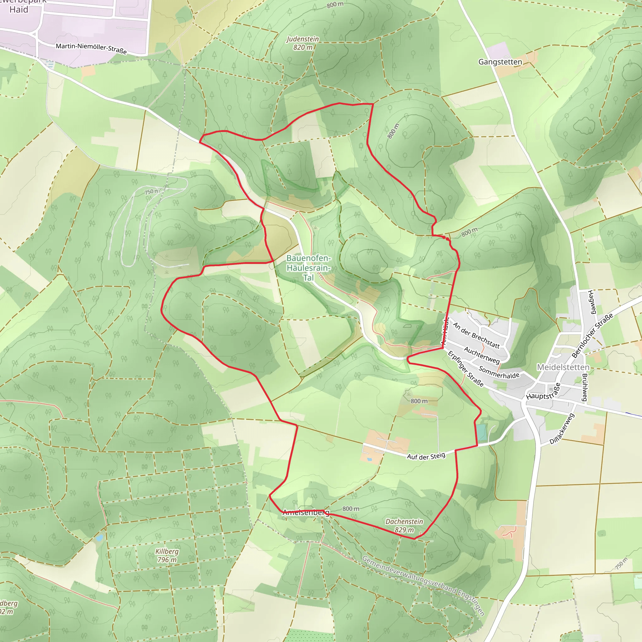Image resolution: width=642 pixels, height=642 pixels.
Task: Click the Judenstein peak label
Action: [x=303, y=43]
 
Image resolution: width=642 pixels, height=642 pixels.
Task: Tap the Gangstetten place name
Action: [x=500, y=62]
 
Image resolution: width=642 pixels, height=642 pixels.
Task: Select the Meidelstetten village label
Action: [x=563, y=367]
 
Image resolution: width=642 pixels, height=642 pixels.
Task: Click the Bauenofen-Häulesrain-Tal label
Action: [x=308, y=267]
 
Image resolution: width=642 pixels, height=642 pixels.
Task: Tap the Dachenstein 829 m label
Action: [x=404, y=526]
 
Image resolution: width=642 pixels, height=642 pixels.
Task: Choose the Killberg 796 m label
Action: [x=167, y=555]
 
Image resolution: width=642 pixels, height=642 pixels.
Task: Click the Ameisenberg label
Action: [x=306, y=513]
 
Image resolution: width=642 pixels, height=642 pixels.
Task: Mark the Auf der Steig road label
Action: [x=426, y=456]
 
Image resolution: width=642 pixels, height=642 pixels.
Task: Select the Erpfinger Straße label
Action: [x=466, y=369]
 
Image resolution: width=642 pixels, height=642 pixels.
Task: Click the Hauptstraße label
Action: [x=543, y=392]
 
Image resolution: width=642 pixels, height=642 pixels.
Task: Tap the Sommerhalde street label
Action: [x=499, y=372]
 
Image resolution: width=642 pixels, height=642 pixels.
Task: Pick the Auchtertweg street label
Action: [x=481, y=355]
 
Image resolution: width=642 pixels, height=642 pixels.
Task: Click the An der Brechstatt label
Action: [x=476, y=335]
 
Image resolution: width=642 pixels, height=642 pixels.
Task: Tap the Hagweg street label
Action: [x=591, y=302]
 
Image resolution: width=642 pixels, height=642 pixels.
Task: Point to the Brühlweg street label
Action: [x=585, y=387]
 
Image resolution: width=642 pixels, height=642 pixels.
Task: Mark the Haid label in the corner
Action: [x=18, y=9]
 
